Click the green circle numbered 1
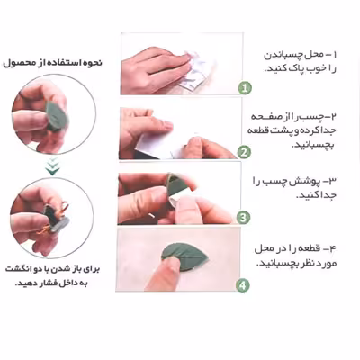pyautogui.click(x=244, y=87)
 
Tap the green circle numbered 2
pyautogui.click(x=244, y=152)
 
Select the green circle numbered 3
pyautogui.click(x=243, y=217)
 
